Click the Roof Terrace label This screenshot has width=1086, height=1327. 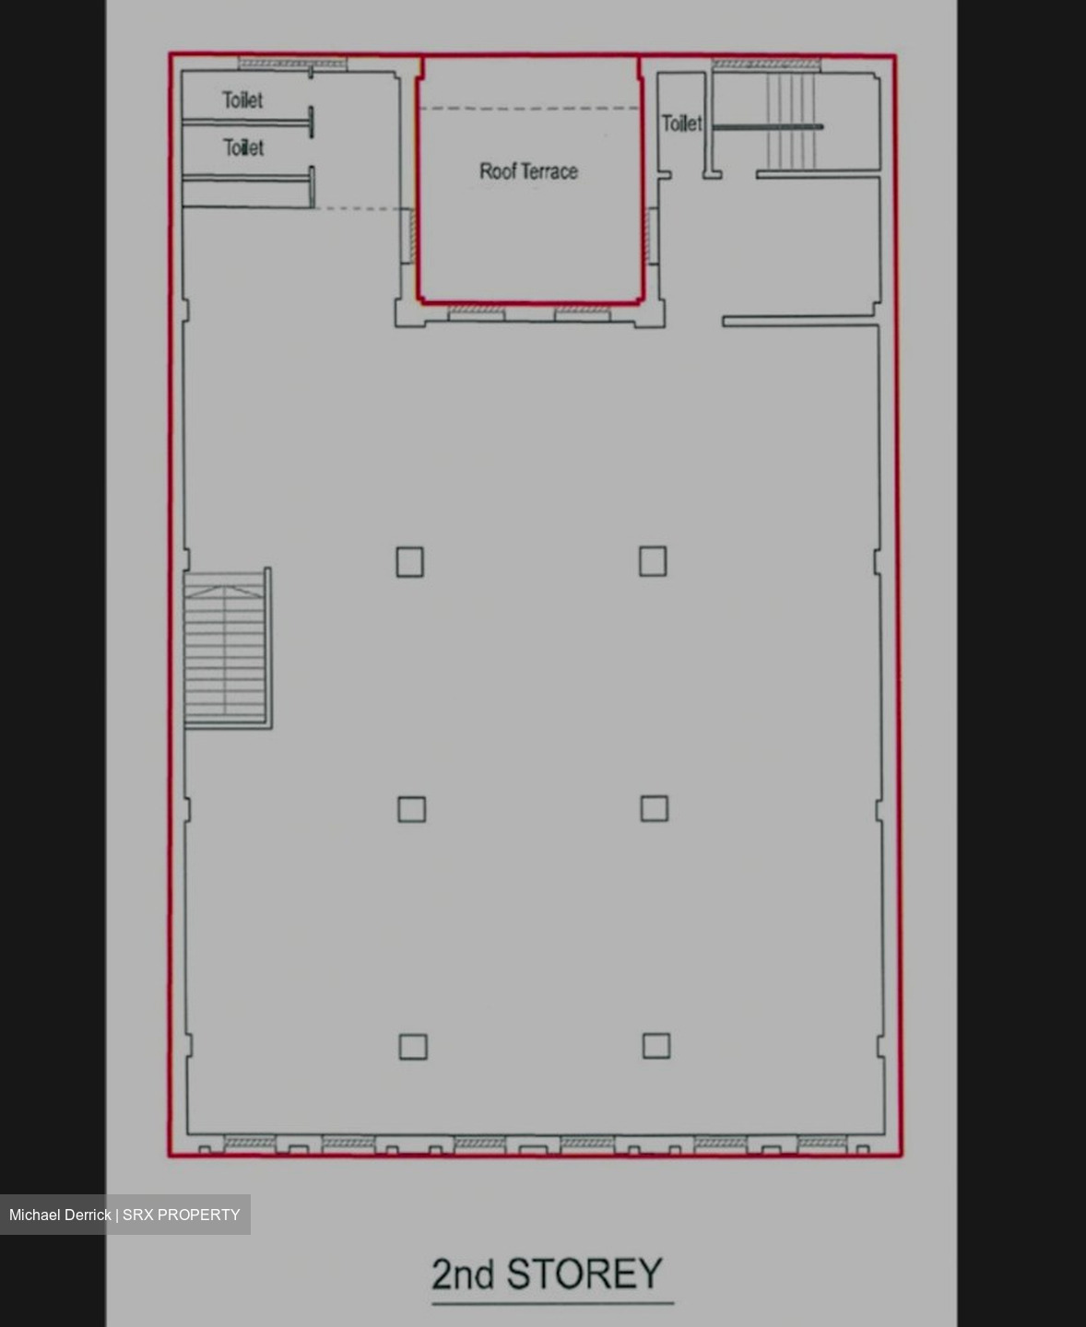pyautogui.click(x=528, y=171)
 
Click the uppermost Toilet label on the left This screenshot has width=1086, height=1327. pyautogui.click(x=242, y=100)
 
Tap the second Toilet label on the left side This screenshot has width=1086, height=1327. pyautogui.click(x=243, y=147)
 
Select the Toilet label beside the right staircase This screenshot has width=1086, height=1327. pyautogui.click(x=681, y=123)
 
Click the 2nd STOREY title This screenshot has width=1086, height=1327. pyautogui.click(x=547, y=1274)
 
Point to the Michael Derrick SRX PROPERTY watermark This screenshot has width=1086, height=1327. pyautogui.click(x=124, y=1215)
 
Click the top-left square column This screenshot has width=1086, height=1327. pyautogui.click(x=410, y=562)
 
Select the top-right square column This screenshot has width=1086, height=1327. pyautogui.click(x=653, y=560)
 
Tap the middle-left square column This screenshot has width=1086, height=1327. pyautogui.click(x=412, y=809)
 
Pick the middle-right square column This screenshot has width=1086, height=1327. pyautogui.click(x=655, y=808)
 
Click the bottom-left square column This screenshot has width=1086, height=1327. pyautogui.click(x=413, y=1047)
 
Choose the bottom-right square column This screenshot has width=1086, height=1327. pyautogui.click(x=656, y=1046)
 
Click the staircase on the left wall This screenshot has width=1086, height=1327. pyautogui.click(x=228, y=649)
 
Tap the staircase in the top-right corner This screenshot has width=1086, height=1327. pyautogui.click(x=792, y=121)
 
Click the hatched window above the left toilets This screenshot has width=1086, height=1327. pyautogui.click(x=292, y=64)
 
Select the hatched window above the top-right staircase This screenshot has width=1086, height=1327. pyautogui.click(x=766, y=65)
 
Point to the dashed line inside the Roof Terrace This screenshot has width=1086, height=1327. pyautogui.click(x=529, y=108)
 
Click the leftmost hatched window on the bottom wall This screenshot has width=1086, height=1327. pyautogui.click(x=249, y=1143)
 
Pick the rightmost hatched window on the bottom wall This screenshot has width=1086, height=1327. pyautogui.click(x=822, y=1143)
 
